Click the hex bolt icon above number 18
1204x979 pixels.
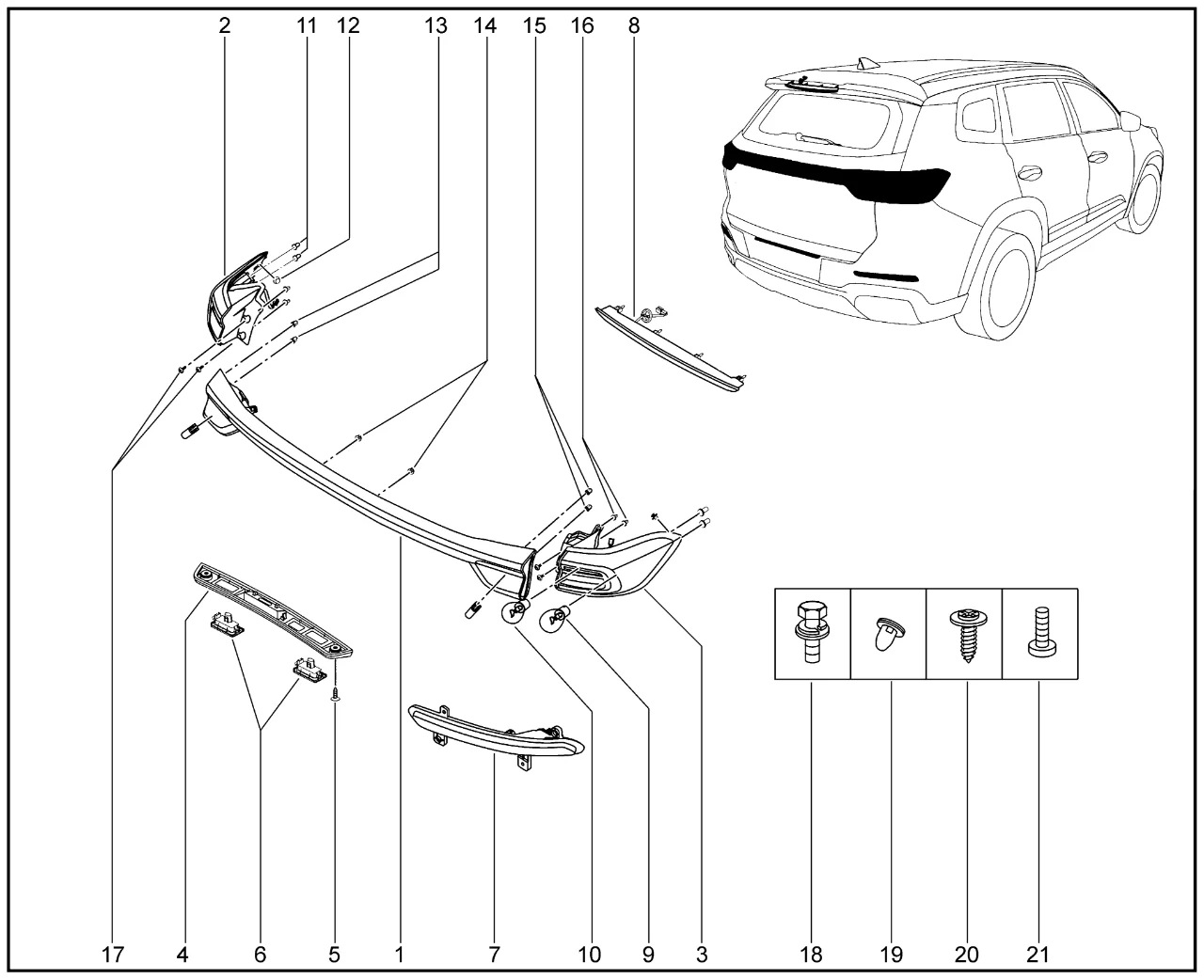(x=811, y=633)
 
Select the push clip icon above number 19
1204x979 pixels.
(x=887, y=634)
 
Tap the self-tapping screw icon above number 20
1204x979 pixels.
(x=963, y=633)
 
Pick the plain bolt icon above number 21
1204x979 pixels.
(x=1038, y=633)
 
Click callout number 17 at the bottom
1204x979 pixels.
(x=112, y=955)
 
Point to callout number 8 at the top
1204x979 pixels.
(x=634, y=26)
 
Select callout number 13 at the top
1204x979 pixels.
(x=435, y=26)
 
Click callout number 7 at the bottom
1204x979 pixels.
(x=494, y=955)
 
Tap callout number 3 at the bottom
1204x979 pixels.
(x=702, y=955)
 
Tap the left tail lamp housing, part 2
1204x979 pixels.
(x=230, y=301)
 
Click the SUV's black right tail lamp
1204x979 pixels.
(x=898, y=184)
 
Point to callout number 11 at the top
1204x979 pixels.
(x=306, y=26)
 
